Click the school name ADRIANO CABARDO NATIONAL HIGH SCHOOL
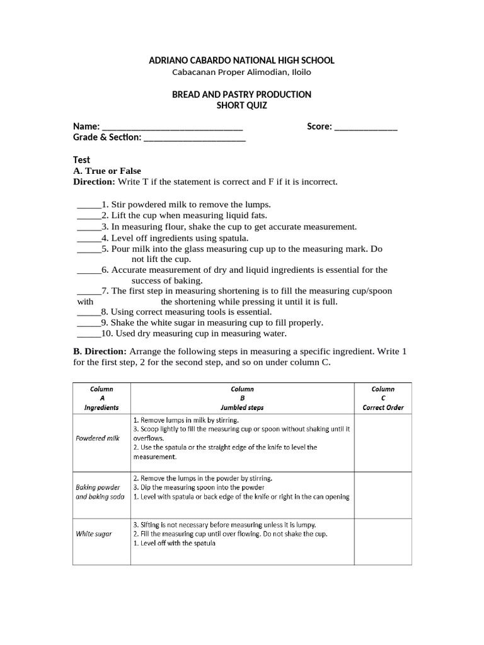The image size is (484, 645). point(241,60)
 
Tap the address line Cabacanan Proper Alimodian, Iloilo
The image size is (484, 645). point(241,72)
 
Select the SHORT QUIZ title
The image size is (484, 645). point(241,106)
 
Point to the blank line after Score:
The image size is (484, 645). point(366,128)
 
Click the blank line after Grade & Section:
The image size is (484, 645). point(195,139)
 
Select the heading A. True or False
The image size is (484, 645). point(107,171)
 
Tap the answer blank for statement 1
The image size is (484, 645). point(89,206)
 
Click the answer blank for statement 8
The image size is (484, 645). point(89,313)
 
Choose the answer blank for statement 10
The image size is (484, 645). point(89,335)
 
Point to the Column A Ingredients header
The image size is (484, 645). point(102,398)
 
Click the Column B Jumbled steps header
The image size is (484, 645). point(242,398)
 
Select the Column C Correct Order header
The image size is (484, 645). point(383,398)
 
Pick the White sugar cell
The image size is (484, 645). point(94,534)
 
